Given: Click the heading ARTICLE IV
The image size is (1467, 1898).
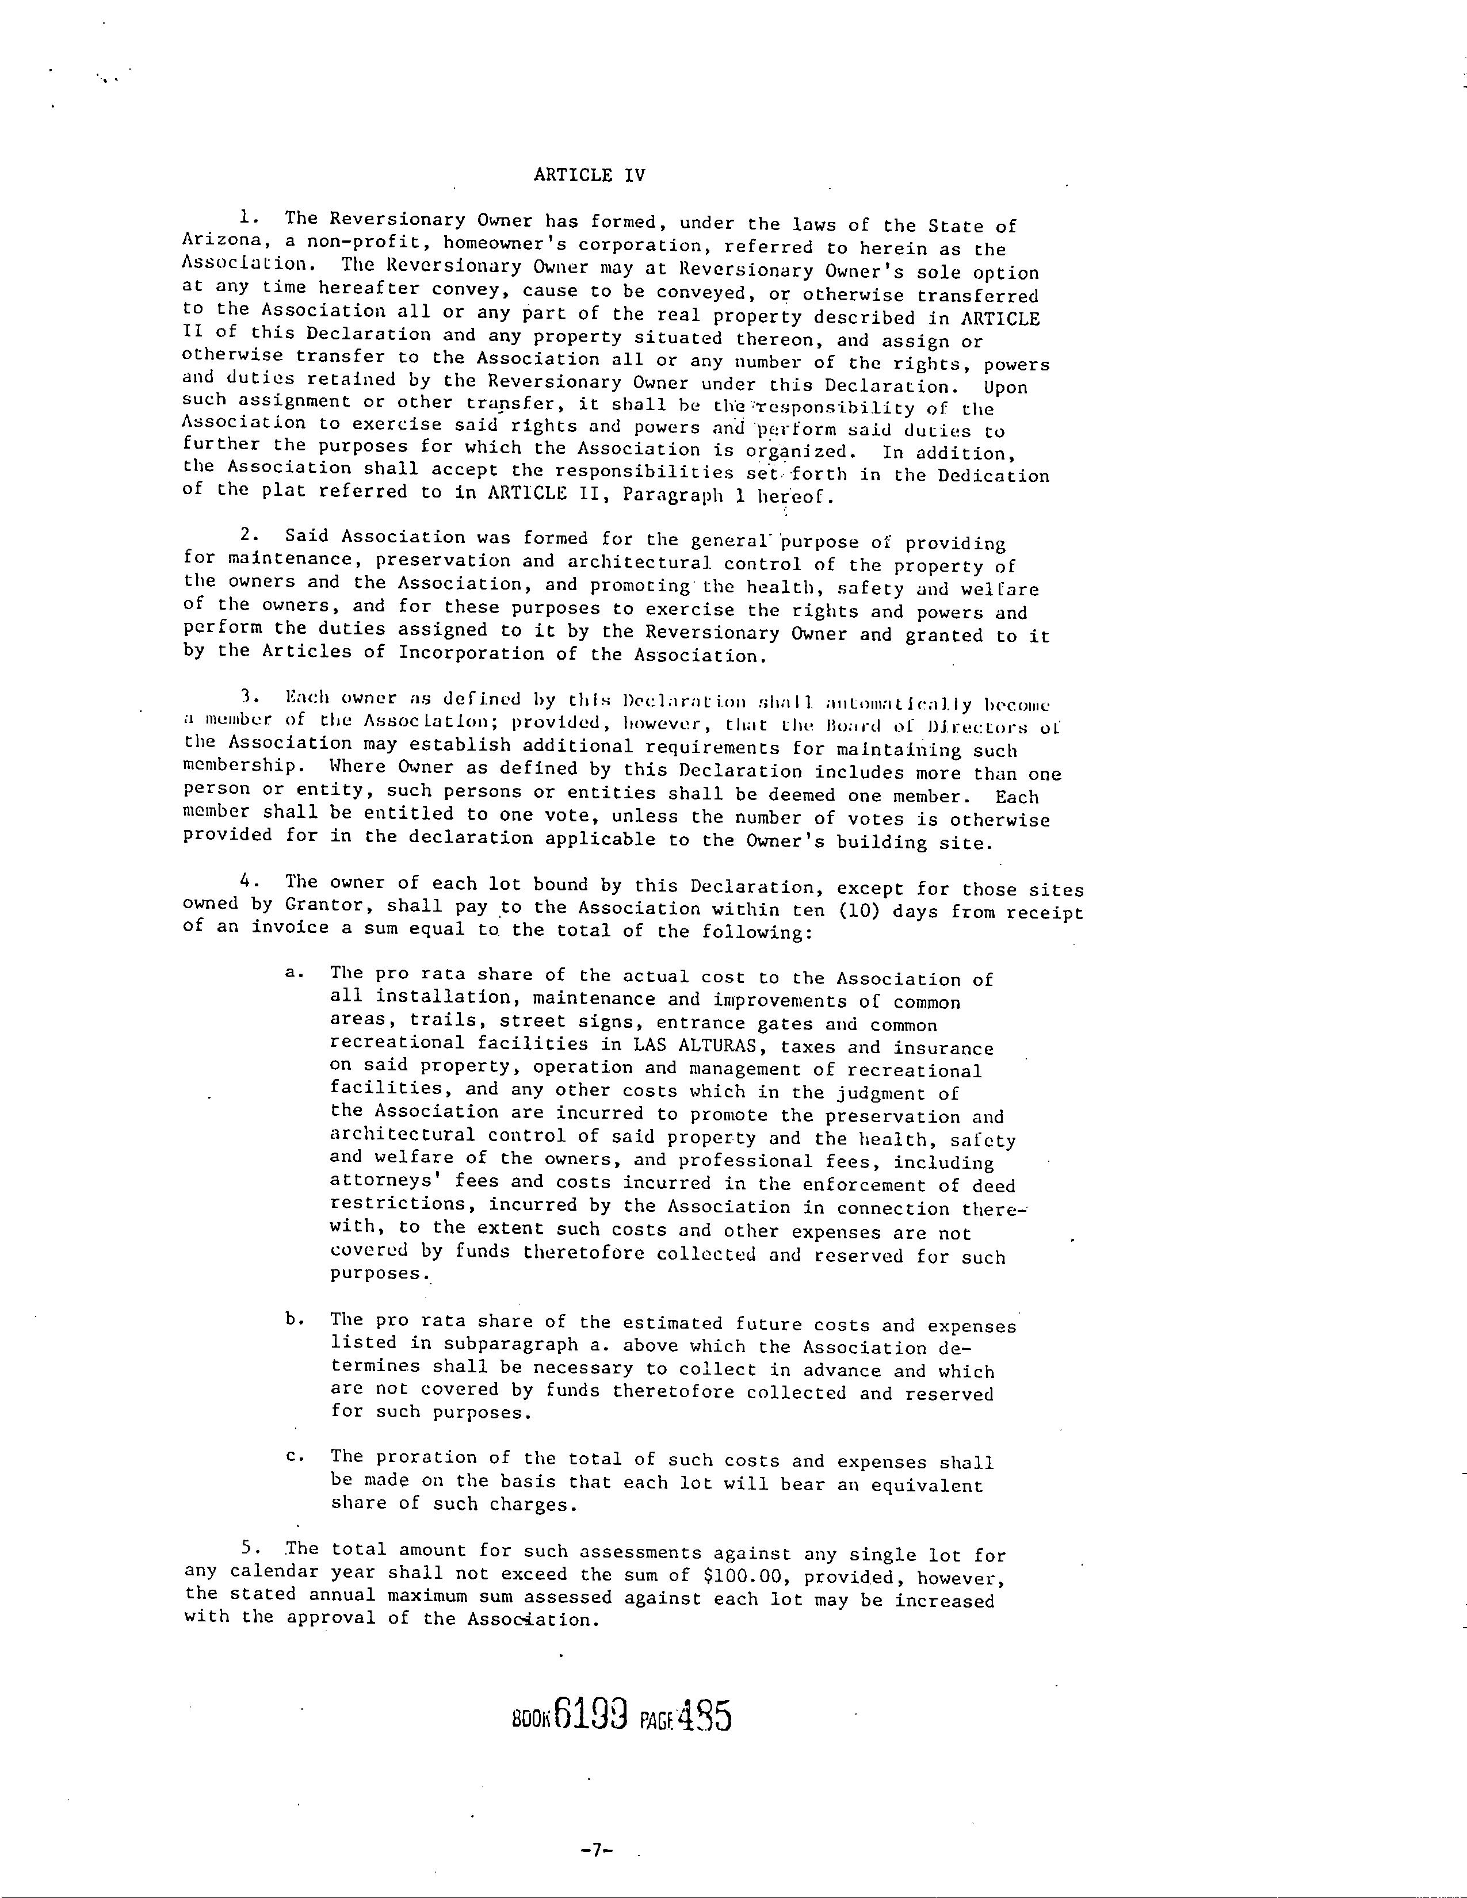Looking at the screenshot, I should [x=589, y=175].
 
